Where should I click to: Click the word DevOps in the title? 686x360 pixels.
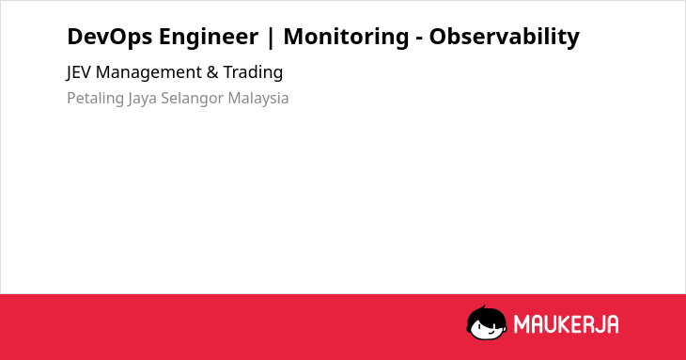click(110, 37)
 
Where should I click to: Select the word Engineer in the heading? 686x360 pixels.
click(209, 37)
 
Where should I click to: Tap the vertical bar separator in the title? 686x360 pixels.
click(271, 38)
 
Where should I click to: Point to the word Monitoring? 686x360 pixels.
click(346, 37)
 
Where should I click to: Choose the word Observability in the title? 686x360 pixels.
click(505, 37)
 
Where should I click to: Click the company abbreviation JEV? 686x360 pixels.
click(79, 72)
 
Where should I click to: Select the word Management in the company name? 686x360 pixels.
click(148, 72)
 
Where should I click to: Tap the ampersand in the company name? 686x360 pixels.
click(212, 72)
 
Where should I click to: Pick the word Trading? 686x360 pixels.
click(253, 72)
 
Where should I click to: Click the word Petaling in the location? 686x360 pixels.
click(95, 99)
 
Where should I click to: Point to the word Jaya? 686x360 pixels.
click(142, 99)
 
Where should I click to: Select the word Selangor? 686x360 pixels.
click(193, 99)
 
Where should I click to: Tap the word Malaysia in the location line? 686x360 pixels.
click(258, 99)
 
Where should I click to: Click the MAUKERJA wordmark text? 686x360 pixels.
click(566, 324)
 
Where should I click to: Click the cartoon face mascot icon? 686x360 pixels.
click(487, 322)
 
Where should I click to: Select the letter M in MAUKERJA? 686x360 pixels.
click(521, 324)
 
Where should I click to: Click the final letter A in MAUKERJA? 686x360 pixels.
click(613, 324)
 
